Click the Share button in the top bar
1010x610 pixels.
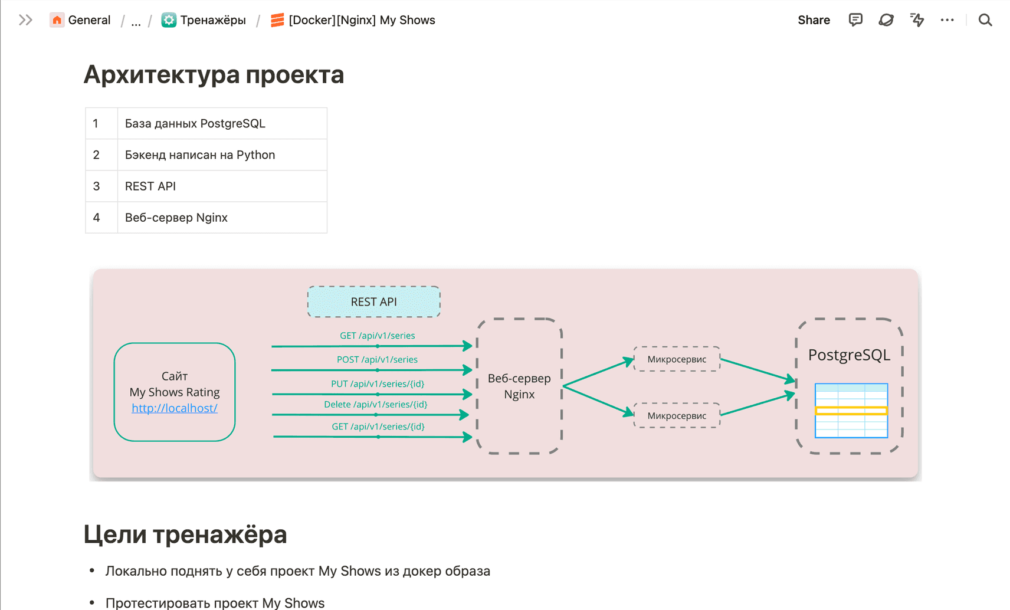point(814,20)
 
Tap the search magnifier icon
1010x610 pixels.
point(985,20)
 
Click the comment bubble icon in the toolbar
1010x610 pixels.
point(855,20)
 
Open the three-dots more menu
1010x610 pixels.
point(947,20)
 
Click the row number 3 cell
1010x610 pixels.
point(96,186)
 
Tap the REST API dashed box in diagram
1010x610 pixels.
point(373,301)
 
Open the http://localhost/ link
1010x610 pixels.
point(175,408)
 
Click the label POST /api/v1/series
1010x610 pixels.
point(377,359)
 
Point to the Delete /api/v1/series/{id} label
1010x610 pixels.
point(375,404)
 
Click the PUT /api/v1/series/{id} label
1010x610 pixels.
point(378,383)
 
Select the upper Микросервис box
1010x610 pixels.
point(677,359)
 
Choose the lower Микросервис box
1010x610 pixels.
point(677,415)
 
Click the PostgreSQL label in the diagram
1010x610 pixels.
point(849,355)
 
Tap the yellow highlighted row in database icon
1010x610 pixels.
point(851,411)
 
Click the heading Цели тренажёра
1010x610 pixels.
point(185,534)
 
